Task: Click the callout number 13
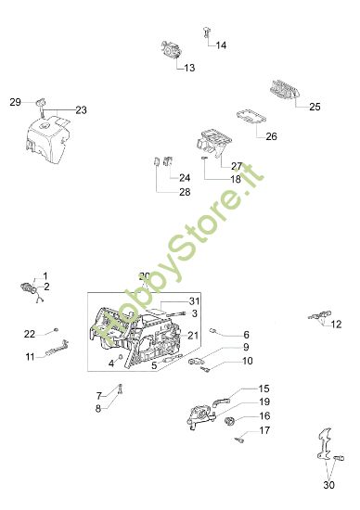click(189, 68)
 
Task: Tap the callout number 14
click(221, 45)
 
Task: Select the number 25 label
click(315, 107)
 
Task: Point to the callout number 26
click(272, 136)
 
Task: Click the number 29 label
click(15, 102)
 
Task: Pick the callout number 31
click(194, 300)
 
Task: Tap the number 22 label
click(30, 334)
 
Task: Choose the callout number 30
click(329, 485)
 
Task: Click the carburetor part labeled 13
click(171, 50)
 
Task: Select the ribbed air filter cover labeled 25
click(284, 89)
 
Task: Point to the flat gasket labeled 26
click(251, 117)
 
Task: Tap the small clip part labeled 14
click(206, 32)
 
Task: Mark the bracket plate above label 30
click(325, 444)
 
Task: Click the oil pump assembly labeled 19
click(200, 417)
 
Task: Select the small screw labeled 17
click(239, 440)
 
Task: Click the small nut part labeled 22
click(56, 330)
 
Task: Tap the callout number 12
click(336, 325)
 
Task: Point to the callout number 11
click(30, 357)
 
